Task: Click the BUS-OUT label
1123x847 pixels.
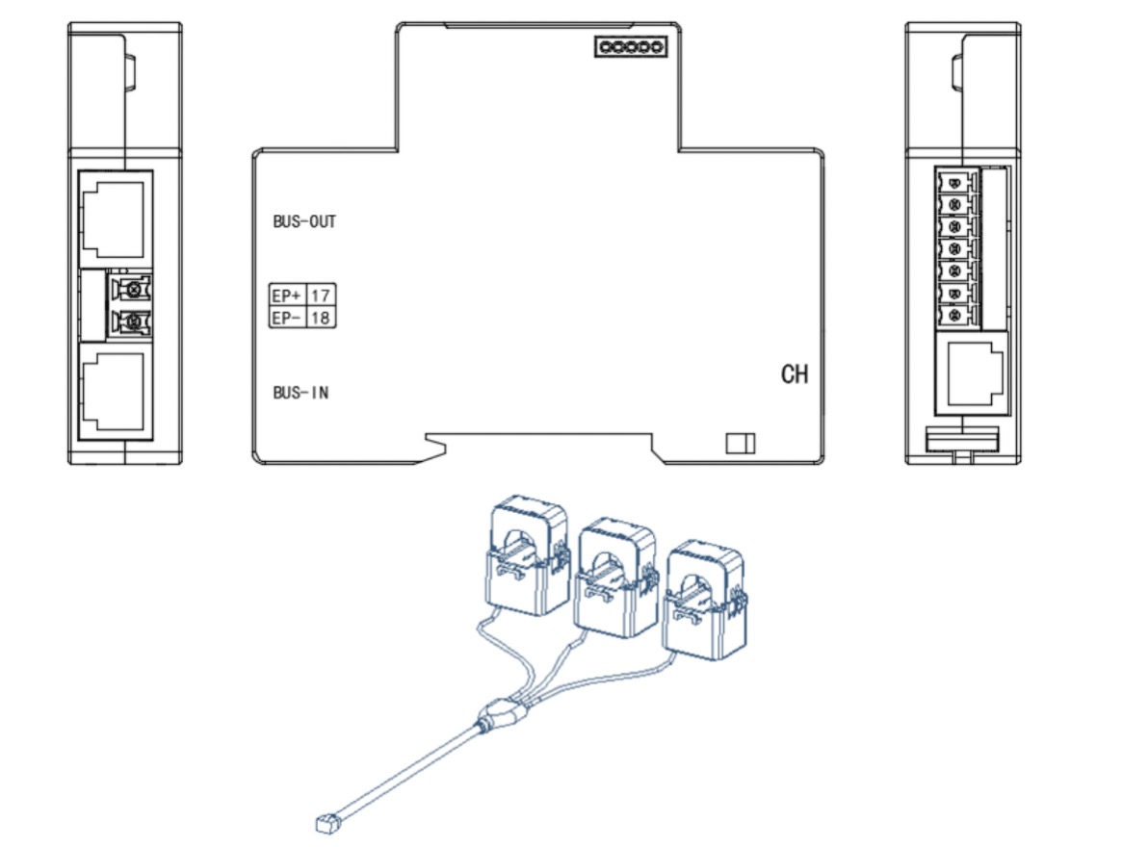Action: pos(304,221)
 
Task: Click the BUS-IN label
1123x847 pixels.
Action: pos(300,393)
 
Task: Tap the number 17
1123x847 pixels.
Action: pos(320,295)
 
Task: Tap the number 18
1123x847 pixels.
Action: pos(320,318)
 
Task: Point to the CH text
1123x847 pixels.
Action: pos(795,373)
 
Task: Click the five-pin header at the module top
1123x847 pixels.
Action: pos(630,47)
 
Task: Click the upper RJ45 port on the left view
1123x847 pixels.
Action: pos(116,219)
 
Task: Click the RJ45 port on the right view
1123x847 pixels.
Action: pos(972,373)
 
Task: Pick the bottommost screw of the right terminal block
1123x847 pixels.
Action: pos(954,315)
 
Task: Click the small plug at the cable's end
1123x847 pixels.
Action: pos(326,824)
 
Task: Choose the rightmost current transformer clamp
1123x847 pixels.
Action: pos(706,600)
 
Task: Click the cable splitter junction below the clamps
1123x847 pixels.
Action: pos(504,716)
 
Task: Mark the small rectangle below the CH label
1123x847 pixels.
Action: pos(741,443)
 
